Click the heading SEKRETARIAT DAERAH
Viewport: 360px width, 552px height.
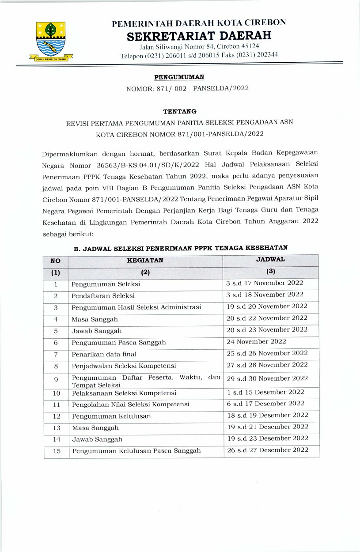(199, 35)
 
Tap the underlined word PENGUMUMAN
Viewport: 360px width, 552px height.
(176, 77)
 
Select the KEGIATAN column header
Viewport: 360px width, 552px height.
(145, 261)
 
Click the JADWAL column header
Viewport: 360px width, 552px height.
(271, 260)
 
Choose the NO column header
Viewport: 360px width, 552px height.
(56, 261)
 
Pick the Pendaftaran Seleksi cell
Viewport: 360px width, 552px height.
(103, 295)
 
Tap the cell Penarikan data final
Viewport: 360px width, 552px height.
(104, 354)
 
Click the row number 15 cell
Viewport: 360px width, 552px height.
(56, 451)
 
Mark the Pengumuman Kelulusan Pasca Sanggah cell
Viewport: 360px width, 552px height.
(136, 451)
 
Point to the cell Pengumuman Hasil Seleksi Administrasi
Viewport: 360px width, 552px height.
(136, 307)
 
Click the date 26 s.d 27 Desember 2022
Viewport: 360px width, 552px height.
(267, 450)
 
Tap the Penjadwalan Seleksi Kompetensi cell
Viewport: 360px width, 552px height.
(124, 366)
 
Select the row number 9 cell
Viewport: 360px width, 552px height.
(56, 379)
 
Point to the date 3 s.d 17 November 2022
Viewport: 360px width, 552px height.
(265, 283)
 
